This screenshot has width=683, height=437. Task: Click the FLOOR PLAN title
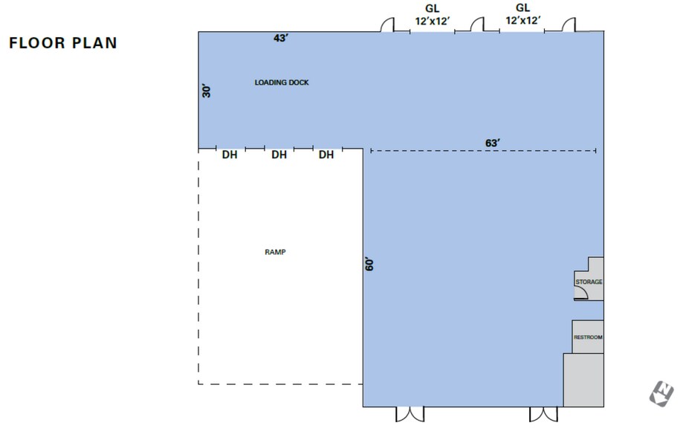pyautogui.click(x=63, y=42)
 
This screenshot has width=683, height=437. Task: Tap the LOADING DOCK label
pyautogui.click(x=282, y=82)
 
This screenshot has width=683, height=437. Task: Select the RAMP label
pyautogui.click(x=275, y=252)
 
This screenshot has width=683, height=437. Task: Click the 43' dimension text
pyautogui.click(x=281, y=38)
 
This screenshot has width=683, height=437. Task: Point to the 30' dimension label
pyautogui.click(x=207, y=91)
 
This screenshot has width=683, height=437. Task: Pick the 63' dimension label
pyautogui.click(x=493, y=143)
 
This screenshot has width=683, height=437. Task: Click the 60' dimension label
pyautogui.click(x=369, y=264)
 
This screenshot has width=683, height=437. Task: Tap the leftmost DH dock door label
pyautogui.click(x=230, y=155)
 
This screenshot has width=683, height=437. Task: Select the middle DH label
pyautogui.click(x=279, y=155)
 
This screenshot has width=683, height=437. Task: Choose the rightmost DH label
pyautogui.click(x=326, y=155)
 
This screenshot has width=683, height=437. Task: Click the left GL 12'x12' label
pyautogui.click(x=432, y=15)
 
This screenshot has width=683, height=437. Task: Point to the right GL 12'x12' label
pyautogui.click(x=522, y=14)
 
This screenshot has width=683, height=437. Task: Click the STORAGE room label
pyautogui.click(x=589, y=282)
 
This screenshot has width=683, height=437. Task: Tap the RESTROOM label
pyautogui.click(x=588, y=337)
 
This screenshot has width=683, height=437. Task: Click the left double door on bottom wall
pyautogui.click(x=410, y=415)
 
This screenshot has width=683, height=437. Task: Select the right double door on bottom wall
pyautogui.click(x=543, y=415)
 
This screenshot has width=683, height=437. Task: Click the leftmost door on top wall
pyautogui.click(x=387, y=25)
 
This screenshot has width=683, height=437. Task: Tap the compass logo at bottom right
pyautogui.click(x=661, y=394)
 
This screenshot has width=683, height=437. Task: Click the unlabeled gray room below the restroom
pyautogui.click(x=583, y=380)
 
